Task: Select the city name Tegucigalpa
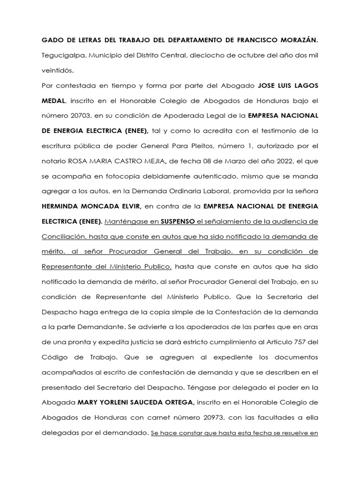coord(62,55)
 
